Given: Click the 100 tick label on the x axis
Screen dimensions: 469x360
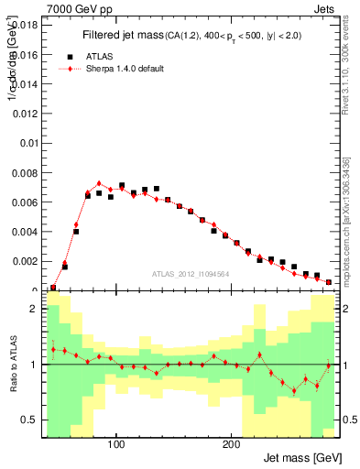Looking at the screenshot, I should point(116,444).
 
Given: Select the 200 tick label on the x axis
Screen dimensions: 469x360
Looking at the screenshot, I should point(231,444).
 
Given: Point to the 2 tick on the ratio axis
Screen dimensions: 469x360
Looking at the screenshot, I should point(33,310).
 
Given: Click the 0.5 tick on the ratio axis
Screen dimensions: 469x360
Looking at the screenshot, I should point(29,420).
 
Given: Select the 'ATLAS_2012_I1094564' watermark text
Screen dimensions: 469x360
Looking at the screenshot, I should point(190,273).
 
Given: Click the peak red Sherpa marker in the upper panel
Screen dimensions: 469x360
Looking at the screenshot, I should point(99,183).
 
